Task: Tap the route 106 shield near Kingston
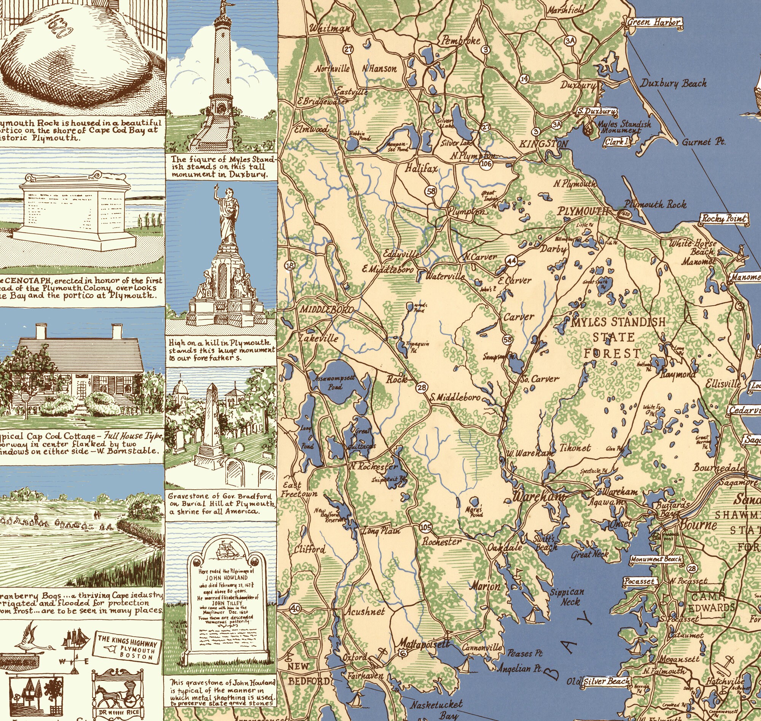pos(486,164)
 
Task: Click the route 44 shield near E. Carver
pos(511,261)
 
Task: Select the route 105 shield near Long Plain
pos(425,527)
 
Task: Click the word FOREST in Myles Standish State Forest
pos(612,353)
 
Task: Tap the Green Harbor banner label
pos(654,22)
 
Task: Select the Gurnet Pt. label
pos(703,142)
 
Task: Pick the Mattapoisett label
pos(422,643)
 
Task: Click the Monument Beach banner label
pos(656,560)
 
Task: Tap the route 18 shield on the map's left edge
pos(290,265)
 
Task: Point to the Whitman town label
pos(330,28)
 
